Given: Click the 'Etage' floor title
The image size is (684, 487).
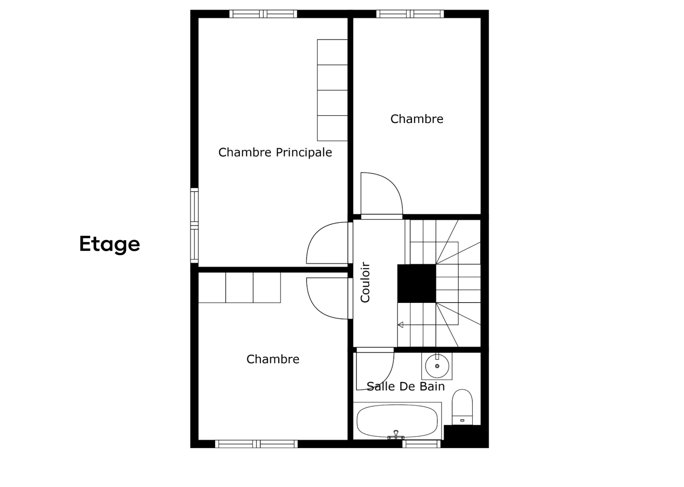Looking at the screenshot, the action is (x=110, y=244).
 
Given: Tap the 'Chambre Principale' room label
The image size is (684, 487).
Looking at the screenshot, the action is (x=275, y=152).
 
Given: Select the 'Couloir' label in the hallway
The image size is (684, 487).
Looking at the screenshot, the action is (x=365, y=282).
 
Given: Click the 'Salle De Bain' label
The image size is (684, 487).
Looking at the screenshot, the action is (x=406, y=386).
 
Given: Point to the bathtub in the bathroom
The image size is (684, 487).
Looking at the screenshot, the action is (x=397, y=421).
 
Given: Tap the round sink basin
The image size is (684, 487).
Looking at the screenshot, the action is (x=437, y=366).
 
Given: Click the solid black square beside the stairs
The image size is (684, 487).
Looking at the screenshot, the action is (x=416, y=283).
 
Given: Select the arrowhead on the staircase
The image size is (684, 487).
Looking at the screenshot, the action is (x=400, y=325).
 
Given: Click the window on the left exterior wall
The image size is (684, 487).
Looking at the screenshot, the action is (x=194, y=226).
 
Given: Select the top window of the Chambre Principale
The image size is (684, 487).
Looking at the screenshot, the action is (x=263, y=14).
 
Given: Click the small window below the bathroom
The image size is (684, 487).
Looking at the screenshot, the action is (x=421, y=444).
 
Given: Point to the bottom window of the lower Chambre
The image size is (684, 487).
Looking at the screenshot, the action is (x=256, y=444).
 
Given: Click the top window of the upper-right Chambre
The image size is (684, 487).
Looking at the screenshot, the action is (x=410, y=14).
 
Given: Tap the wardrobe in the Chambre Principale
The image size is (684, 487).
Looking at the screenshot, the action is (x=332, y=90).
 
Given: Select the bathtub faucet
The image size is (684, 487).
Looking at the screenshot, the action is (x=396, y=435).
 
